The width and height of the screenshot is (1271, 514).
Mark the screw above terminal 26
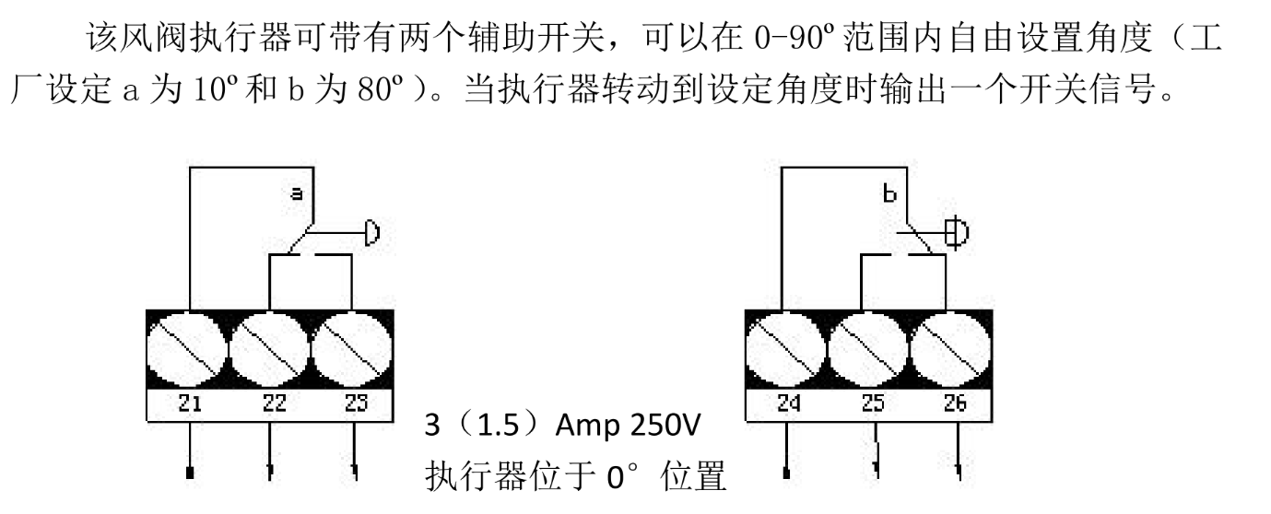(953, 349)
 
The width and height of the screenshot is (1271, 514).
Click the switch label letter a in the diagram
(296, 194)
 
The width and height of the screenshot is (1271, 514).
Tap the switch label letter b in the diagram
(889, 193)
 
